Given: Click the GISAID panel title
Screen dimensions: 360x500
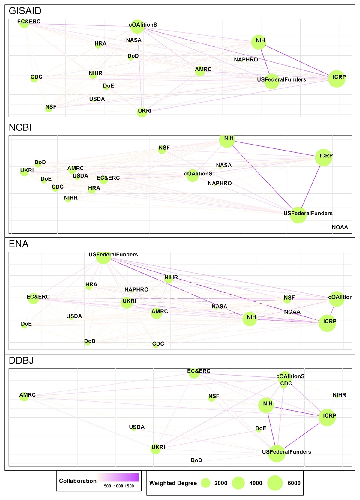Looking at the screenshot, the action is point(25,11).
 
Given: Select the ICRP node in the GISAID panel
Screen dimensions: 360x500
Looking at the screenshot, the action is point(337,79).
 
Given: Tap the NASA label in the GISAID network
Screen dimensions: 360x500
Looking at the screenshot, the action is point(134,40).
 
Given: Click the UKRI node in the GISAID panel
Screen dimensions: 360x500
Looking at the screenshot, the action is point(142,112).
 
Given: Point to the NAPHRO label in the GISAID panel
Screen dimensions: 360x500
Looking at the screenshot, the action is point(246,60).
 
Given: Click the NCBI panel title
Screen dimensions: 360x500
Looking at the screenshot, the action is point(20,127).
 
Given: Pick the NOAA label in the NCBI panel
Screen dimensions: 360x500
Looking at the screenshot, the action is point(340,227).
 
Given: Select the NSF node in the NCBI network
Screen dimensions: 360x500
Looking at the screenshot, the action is point(162,149).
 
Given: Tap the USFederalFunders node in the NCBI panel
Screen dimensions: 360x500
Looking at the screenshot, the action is point(298,215).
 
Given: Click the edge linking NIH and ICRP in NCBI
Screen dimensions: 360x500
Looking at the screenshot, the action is point(275,149).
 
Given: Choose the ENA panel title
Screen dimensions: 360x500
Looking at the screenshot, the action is point(19,244).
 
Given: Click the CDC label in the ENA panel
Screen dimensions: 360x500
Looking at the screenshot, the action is point(158,343).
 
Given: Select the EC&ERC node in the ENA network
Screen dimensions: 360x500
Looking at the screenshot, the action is point(33,298).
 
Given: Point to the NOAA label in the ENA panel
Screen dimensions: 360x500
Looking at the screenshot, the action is point(292,312).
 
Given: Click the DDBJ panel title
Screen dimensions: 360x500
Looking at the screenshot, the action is point(21,360).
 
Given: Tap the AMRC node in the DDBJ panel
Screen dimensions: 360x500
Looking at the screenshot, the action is point(24,397).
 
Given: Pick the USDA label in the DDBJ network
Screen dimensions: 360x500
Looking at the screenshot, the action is point(137,427).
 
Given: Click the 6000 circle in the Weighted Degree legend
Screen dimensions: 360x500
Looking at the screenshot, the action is point(275,483).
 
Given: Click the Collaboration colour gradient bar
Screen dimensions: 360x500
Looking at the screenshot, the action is point(118,477).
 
